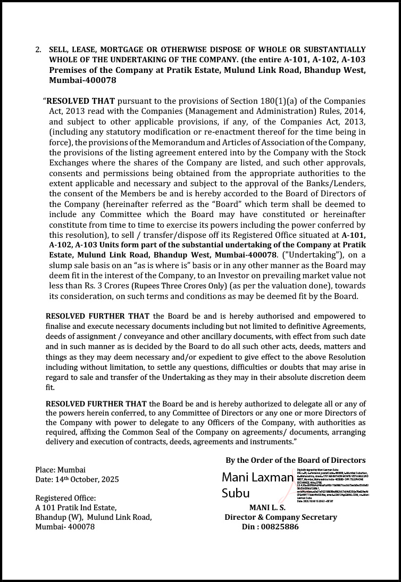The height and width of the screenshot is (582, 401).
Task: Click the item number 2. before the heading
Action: point(38,49)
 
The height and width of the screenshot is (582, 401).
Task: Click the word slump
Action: point(61,265)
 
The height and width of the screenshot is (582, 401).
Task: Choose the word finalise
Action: point(60,326)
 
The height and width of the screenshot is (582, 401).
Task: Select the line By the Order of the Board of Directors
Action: point(295,460)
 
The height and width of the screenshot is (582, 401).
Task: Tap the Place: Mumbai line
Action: point(60,470)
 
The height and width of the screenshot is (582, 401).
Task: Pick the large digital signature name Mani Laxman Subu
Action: point(257,484)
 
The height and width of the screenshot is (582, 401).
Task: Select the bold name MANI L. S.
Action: point(267,508)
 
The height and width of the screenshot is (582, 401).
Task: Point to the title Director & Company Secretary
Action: point(280,517)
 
